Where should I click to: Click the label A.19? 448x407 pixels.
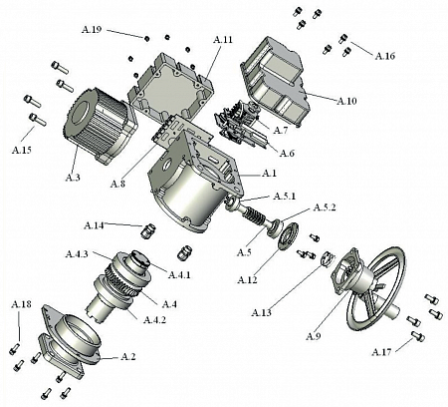coord(92,30)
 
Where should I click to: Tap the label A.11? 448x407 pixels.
coord(223,40)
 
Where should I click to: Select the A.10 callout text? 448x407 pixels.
coord(346,101)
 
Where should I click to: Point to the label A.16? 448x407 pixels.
coord(385,56)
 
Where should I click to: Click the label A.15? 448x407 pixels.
coord(22,150)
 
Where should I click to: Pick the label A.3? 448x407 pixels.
coord(73,178)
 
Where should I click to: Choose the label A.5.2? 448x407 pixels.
coord(325,207)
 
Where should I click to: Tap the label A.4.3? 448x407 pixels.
coord(77,254)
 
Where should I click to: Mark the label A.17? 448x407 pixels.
coord(381,351)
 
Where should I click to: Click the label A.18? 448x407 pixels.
coord(22,304)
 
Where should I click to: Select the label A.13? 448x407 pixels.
coord(262,312)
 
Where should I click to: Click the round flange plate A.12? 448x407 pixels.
coord(289,235)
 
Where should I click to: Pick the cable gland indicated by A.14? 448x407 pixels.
coord(147,230)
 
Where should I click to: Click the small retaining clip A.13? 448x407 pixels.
coord(327,259)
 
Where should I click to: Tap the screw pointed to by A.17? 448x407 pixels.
coord(418,336)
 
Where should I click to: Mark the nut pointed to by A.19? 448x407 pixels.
coord(146,39)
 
